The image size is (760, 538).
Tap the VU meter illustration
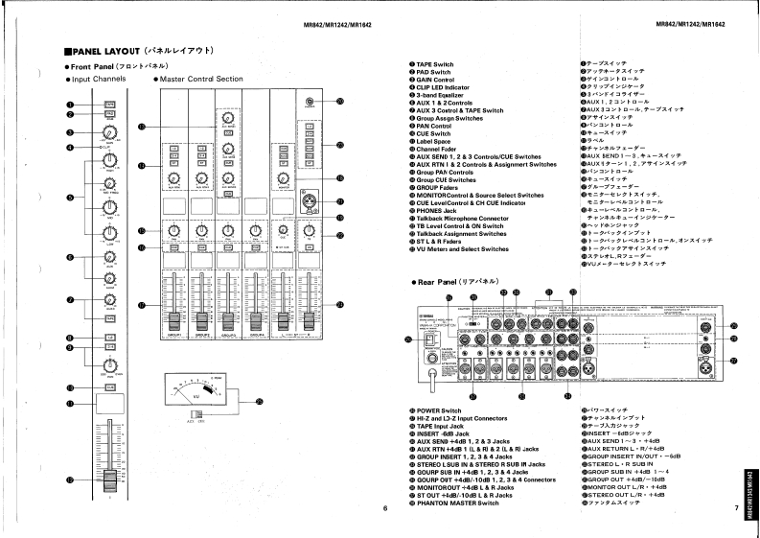197,394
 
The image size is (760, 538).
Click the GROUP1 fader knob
174,319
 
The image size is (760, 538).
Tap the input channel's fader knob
108,478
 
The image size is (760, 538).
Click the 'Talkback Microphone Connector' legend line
461,218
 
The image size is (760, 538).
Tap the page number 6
383,508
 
